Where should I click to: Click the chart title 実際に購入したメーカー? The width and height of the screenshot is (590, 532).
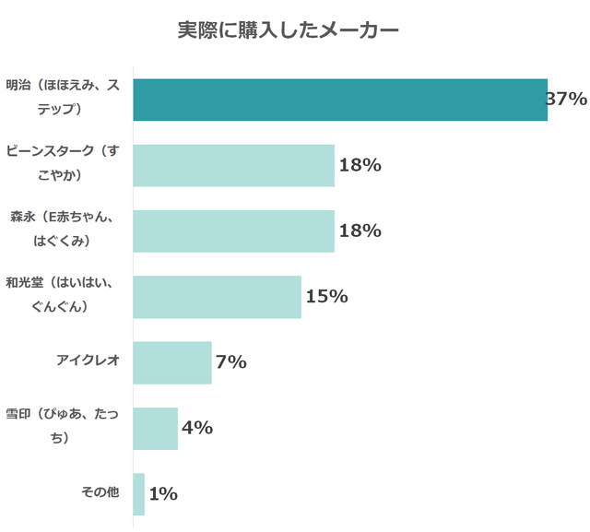(x=288, y=30)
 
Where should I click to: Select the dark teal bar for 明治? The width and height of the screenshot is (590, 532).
(x=340, y=100)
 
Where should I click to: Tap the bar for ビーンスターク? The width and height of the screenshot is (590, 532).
(x=233, y=166)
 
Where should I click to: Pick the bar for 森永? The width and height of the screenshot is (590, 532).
(x=233, y=231)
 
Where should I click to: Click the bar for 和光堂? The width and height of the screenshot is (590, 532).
(x=217, y=297)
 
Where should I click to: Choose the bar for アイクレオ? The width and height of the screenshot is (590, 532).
(x=172, y=362)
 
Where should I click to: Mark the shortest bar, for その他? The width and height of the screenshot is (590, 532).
(x=138, y=494)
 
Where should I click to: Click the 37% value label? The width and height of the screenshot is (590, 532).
(x=567, y=99)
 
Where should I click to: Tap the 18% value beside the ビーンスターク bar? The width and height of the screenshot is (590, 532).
(x=360, y=166)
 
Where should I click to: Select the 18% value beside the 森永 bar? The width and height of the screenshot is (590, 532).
(x=360, y=231)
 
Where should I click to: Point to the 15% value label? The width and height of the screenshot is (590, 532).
(x=326, y=297)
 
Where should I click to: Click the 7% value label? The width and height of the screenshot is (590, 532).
(x=231, y=362)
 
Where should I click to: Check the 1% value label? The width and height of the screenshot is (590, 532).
(x=163, y=494)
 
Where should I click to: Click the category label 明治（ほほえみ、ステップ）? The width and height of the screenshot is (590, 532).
(x=63, y=98)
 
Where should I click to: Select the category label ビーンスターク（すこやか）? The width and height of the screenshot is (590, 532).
(x=63, y=163)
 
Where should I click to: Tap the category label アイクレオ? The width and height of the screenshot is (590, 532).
(x=88, y=361)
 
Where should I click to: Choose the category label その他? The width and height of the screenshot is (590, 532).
(x=100, y=492)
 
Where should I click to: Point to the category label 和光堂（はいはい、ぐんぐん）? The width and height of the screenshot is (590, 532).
(x=63, y=295)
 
